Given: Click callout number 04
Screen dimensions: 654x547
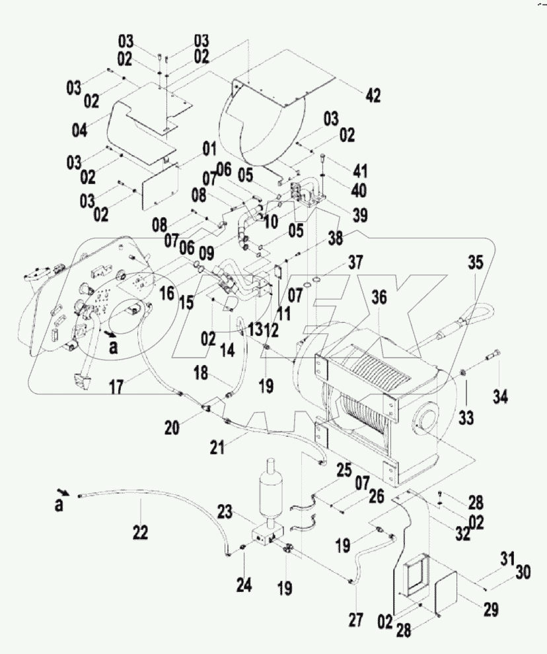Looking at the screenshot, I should (x=79, y=129).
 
